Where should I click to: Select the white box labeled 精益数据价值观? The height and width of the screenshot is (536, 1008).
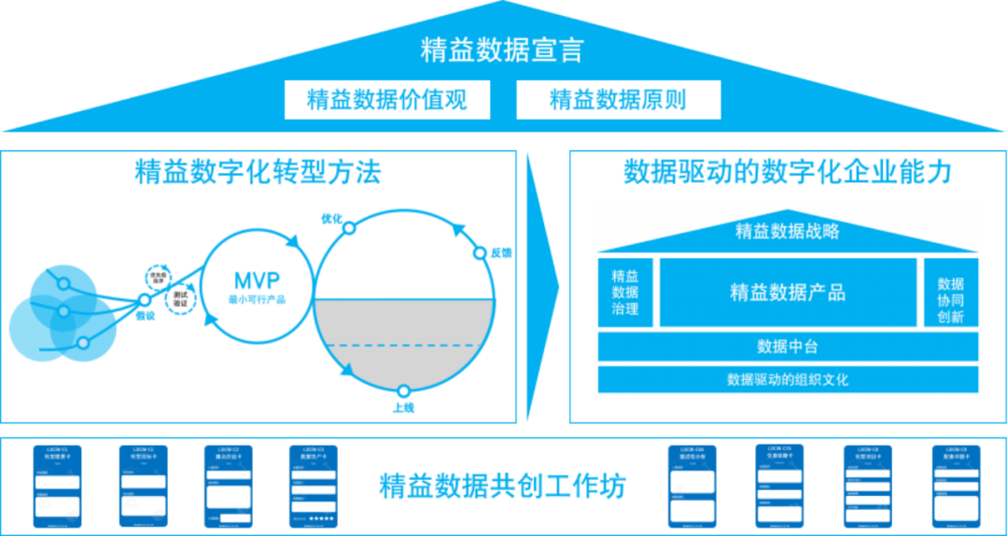tap(386, 100)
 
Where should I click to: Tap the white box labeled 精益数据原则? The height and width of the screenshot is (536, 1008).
tap(618, 100)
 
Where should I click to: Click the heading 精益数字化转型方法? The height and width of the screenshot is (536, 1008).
tap(259, 173)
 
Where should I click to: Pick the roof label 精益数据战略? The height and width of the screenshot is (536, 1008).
tap(787, 231)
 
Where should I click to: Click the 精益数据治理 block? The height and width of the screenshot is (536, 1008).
tap(624, 292)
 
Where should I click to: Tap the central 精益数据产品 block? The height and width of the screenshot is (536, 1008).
tap(787, 292)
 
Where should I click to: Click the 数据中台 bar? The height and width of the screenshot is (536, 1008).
tap(787, 347)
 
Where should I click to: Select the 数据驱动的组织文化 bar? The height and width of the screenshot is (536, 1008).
tap(787, 380)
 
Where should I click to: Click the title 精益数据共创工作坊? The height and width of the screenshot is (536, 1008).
tap(502, 487)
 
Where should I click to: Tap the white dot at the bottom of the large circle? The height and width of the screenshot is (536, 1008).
tap(403, 392)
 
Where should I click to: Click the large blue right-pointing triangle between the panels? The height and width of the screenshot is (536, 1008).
tap(540, 280)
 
